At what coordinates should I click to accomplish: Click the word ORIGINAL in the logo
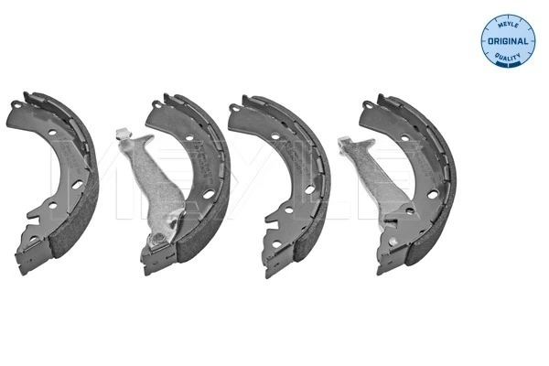click(x=508, y=41)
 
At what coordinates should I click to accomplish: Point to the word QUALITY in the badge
click(x=508, y=56)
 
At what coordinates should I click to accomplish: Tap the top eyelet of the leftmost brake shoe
click(x=16, y=104)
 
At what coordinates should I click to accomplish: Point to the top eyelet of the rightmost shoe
click(x=367, y=104)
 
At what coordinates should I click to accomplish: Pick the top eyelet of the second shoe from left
click(x=157, y=103)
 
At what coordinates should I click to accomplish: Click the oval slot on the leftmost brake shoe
click(x=78, y=185)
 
